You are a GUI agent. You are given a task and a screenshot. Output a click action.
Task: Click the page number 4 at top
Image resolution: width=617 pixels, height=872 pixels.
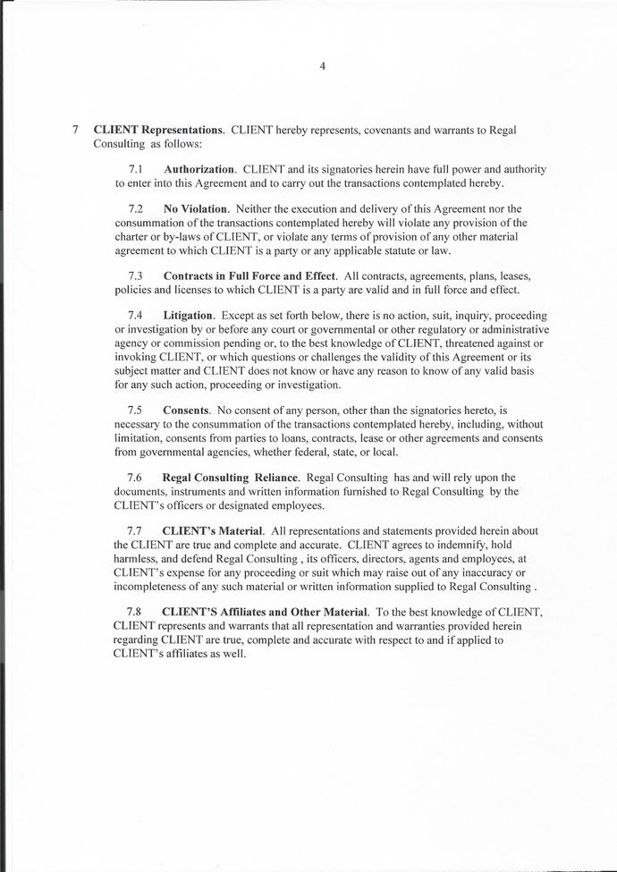click(322, 65)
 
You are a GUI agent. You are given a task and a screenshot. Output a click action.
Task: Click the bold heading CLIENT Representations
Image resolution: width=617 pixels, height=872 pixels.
click(158, 130)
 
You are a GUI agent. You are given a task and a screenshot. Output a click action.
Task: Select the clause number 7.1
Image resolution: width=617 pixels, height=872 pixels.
click(136, 169)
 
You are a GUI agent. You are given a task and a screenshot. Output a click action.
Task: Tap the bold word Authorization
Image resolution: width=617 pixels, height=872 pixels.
click(199, 169)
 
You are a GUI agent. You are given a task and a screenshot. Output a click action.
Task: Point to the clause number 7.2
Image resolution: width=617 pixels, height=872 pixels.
click(136, 208)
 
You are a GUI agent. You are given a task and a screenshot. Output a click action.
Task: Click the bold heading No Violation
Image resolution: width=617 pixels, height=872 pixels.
click(196, 208)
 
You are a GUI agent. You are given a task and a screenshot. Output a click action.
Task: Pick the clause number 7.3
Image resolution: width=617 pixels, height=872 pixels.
click(136, 275)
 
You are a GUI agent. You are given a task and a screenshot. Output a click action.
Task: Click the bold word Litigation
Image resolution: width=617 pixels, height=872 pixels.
click(188, 316)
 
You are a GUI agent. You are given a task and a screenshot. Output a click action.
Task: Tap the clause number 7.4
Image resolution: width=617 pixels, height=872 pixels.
click(136, 316)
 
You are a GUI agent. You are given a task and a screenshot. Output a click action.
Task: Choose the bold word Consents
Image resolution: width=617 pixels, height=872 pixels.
click(186, 410)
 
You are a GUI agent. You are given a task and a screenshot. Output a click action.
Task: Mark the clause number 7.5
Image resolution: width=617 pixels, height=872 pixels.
click(136, 410)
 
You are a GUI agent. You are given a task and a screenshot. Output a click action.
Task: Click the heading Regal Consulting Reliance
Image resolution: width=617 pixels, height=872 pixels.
click(230, 478)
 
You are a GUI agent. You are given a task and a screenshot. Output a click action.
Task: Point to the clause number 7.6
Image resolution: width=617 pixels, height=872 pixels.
click(136, 478)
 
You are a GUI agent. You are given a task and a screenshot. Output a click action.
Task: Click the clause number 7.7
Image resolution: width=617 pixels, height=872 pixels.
click(136, 531)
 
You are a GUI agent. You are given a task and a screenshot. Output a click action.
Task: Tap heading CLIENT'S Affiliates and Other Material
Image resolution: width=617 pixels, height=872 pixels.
click(265, 612)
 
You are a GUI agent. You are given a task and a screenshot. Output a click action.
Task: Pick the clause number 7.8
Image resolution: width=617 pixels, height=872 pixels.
click(136, 612)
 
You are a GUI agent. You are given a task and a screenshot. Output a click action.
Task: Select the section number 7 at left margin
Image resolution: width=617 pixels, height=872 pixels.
click(76, 130)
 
